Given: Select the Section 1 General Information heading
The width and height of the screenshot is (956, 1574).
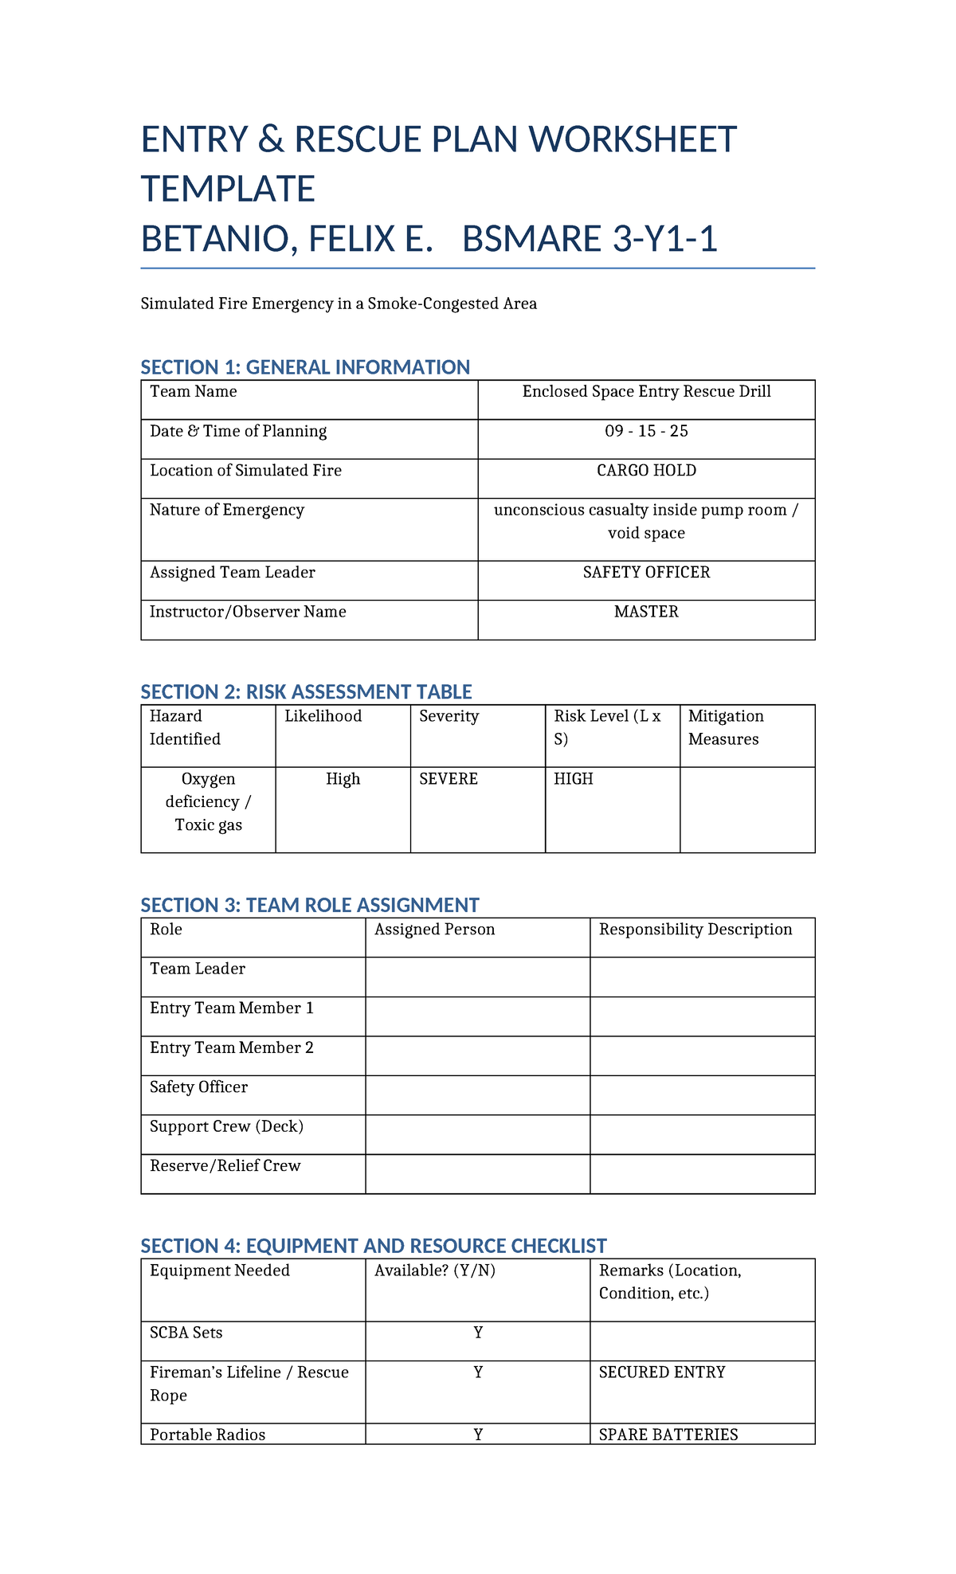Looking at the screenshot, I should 305,367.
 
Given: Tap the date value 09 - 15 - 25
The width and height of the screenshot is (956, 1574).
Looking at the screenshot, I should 646,432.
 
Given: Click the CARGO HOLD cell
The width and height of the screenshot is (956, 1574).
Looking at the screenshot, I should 646,471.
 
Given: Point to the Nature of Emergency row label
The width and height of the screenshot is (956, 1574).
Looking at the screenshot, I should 227,510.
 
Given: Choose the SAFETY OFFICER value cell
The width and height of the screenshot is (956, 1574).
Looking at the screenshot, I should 646,573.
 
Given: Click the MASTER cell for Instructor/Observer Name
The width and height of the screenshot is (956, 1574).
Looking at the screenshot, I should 646,612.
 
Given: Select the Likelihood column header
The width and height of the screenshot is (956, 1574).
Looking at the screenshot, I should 323,716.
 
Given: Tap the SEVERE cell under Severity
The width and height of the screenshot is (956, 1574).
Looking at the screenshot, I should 449,779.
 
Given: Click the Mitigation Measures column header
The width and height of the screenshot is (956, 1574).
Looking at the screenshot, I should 726,727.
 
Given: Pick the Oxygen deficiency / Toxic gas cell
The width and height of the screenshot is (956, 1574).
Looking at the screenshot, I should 208,801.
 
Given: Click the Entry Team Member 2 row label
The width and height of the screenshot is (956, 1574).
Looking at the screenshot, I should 232,1047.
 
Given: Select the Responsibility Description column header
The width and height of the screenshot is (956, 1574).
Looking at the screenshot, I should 695,930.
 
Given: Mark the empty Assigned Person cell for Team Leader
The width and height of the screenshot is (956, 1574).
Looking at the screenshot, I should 477,977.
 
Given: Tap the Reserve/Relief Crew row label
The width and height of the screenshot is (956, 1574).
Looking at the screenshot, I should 225,1165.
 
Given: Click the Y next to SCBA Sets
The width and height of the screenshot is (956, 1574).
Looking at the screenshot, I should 478,1333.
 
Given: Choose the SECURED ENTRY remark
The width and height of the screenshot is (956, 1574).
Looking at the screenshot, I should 662,1372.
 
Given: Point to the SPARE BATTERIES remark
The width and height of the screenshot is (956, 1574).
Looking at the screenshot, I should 668,1435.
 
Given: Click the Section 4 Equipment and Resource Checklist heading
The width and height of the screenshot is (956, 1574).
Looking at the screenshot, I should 374,1246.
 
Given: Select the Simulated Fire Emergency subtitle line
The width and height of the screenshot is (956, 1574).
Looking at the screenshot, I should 339,303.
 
